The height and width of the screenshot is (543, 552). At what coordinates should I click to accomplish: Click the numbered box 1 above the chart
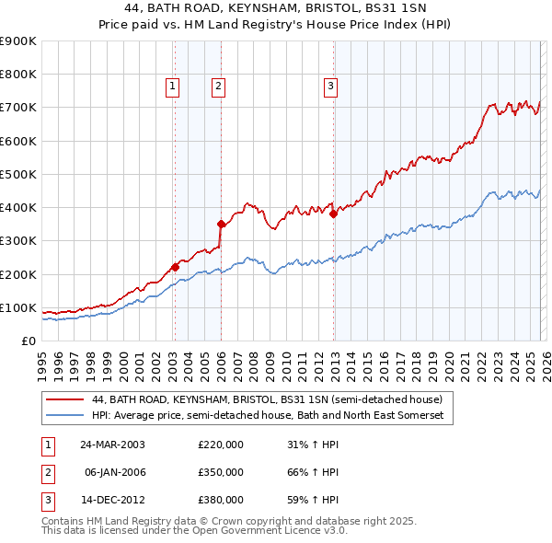click(x=173, y=87)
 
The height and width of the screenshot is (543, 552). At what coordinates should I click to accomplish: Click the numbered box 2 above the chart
click(x=218, y=87)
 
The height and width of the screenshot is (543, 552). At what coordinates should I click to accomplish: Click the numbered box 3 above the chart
click(x=329, y=87)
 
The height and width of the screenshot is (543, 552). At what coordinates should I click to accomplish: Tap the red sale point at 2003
click(x=175, y=268)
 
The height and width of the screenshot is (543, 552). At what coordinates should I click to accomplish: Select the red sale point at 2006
click(x=221, y=224)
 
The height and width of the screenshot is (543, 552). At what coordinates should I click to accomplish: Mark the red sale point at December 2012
click(x=333, y=214)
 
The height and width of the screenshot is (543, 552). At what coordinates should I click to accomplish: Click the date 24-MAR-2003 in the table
click(x=111, y=445)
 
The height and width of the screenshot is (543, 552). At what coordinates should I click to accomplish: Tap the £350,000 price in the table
click(x=220, y=472)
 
